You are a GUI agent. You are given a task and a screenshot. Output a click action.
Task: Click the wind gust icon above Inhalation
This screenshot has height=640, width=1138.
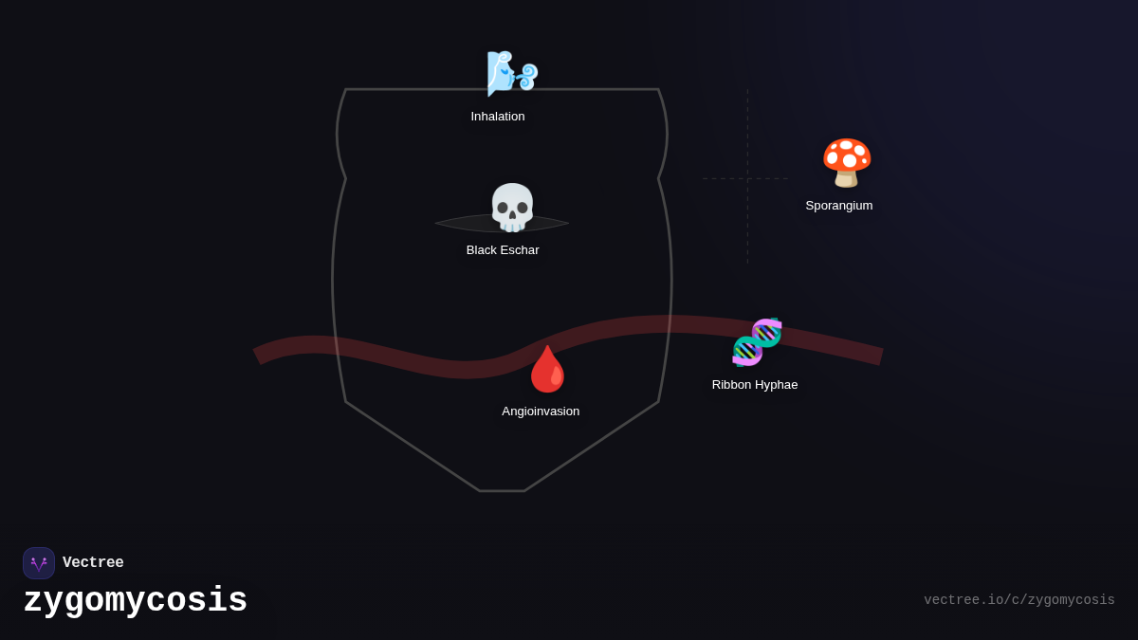click(511, 73)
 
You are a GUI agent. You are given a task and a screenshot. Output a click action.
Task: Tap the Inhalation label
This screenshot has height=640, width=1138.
click(498, 117)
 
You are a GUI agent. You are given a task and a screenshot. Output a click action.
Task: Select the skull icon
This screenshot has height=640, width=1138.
click(512, 208)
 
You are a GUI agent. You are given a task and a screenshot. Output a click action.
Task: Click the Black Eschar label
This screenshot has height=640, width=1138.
click(503, 250)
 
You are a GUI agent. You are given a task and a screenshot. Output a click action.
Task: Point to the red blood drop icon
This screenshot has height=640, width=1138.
click(547, 369)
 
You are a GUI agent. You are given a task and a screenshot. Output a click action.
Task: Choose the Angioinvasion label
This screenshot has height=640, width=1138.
click(541, 411)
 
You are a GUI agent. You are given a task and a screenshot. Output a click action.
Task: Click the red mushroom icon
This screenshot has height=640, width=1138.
click(846, 162)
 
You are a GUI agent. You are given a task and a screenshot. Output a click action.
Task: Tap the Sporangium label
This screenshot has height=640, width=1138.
click(839, 206)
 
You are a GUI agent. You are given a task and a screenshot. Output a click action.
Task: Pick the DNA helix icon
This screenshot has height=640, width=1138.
click(757, 342)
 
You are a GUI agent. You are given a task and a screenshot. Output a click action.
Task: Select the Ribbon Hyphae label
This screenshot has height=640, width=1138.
click(755, 385)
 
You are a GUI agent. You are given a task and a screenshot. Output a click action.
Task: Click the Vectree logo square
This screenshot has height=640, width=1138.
click(39, 563)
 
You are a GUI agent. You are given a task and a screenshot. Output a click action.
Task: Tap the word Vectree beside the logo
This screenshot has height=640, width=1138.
click(93, 563)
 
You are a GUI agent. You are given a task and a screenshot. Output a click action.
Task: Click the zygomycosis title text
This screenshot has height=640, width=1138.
click(135, 601)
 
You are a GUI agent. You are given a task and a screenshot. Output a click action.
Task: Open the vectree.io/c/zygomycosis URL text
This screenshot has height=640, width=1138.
click(1019, 600)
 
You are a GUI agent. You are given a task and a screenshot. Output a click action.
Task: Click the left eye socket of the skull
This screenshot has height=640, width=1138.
click(503, 208)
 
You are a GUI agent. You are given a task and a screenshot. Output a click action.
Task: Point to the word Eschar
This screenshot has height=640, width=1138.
click(521, 250)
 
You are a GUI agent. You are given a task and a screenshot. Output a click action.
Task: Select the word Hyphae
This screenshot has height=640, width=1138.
click(775, 385)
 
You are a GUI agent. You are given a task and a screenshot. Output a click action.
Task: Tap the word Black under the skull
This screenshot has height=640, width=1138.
click(482, 250)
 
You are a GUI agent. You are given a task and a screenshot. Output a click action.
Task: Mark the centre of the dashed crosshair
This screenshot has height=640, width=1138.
click(747, 178)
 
